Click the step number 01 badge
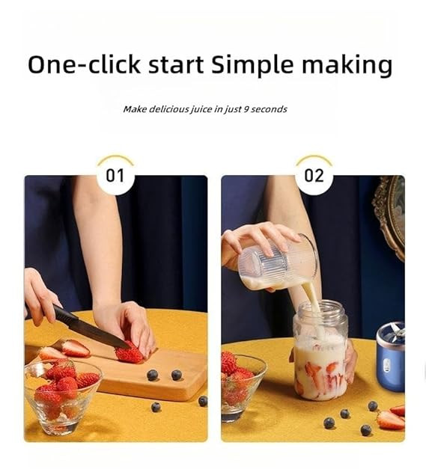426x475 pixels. coord(115,177)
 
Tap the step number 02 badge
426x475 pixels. coord(314,177)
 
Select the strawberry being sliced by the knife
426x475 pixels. coord(130,353)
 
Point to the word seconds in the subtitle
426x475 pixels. coord(270,109)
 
